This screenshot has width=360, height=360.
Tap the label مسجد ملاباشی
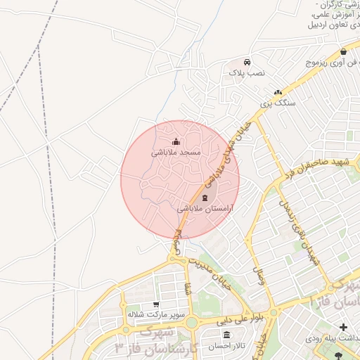(176, 153)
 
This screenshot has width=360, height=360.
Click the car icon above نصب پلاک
(246, 62)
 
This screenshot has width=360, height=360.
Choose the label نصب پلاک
(246, 72)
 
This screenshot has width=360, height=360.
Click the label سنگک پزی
(277, 103)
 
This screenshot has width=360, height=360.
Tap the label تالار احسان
(223, 346)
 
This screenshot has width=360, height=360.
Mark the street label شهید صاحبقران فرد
(313, 167)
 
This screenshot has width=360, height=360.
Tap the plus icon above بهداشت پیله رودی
(343, 327)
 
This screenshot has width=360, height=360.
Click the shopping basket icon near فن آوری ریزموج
(343, 52)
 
